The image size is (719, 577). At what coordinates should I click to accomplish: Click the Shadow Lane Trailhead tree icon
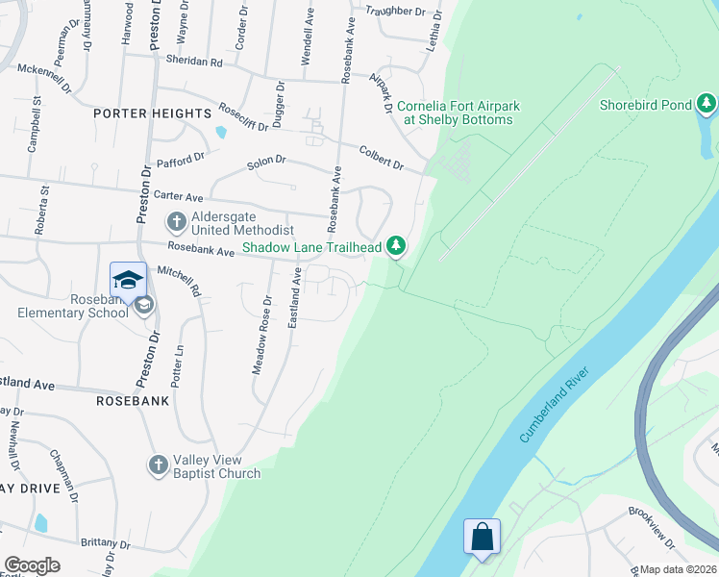(395, 247)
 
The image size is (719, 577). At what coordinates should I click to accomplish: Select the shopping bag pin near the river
(481, 537)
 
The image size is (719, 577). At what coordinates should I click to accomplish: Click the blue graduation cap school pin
(128, 279)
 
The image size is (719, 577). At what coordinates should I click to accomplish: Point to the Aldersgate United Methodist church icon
(176, 223)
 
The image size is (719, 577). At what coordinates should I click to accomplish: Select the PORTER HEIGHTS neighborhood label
(152, 113)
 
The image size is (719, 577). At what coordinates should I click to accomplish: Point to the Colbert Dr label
(382, 158)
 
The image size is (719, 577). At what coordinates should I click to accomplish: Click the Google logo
(32, 565)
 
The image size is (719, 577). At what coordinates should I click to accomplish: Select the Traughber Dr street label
(394, 11)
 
